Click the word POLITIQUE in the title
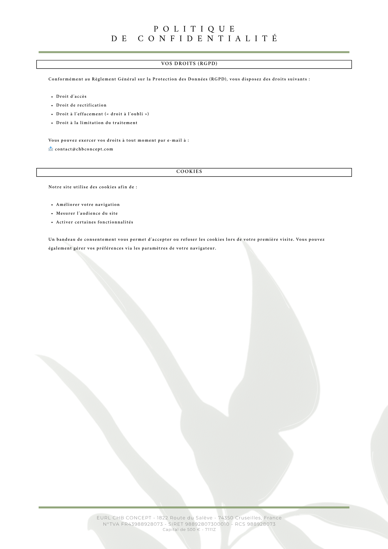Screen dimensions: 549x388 [x=195, y=29]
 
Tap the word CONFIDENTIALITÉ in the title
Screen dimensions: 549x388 [x=208, y=38]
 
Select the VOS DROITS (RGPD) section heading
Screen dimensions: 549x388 [x=189, y=64]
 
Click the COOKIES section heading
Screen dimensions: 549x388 [x=189, y=172]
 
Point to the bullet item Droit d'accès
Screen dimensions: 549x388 [x=71, y=96]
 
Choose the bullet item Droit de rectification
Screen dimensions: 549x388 [x=81, y=105]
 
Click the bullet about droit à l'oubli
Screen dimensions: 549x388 [x=102, y=114]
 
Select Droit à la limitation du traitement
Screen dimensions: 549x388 [x=97, y=123]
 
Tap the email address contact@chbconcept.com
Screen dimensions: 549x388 [x=84, y=149]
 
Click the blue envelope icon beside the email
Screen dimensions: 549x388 [x=51, y=149]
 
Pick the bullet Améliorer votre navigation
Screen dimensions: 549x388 [x=88, y=205]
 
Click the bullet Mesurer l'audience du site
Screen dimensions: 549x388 [x=87, y=213]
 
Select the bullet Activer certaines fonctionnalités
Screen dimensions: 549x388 [x=95, y=222]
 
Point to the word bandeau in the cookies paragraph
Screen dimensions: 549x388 [x=66, y=239]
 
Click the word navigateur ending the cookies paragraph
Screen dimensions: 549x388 [x=203, y=248]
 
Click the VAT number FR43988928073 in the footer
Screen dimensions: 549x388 [x=142, y=524]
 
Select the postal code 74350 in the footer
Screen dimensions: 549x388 [x=226, y=518]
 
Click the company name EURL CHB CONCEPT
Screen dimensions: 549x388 [x=124, y=518]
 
